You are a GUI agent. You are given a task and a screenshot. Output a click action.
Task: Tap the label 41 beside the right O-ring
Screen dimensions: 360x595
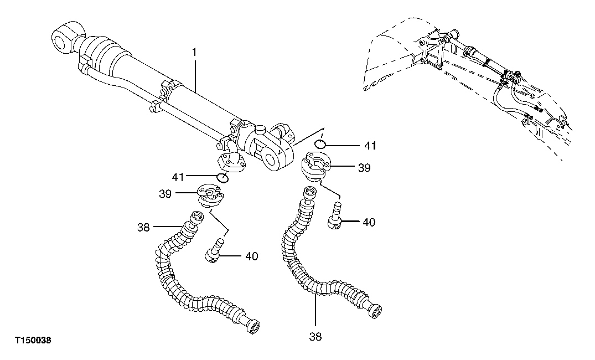370,146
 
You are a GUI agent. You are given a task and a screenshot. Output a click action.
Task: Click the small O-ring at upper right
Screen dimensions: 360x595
319,144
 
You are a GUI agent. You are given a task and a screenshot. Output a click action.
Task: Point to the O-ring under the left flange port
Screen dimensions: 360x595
222,177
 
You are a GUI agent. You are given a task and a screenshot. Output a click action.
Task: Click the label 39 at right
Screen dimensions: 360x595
364,167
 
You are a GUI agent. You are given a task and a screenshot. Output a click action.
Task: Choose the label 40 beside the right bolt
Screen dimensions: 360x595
369,222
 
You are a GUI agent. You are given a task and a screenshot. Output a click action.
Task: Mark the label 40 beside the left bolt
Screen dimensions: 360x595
251,256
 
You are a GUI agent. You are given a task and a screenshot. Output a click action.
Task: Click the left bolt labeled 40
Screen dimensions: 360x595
214,250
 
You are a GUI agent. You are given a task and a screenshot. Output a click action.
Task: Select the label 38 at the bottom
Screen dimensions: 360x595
315,336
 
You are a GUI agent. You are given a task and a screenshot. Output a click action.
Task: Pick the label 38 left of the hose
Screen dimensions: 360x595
144,227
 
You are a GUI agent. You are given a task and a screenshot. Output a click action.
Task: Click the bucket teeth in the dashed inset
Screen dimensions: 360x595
382,83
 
